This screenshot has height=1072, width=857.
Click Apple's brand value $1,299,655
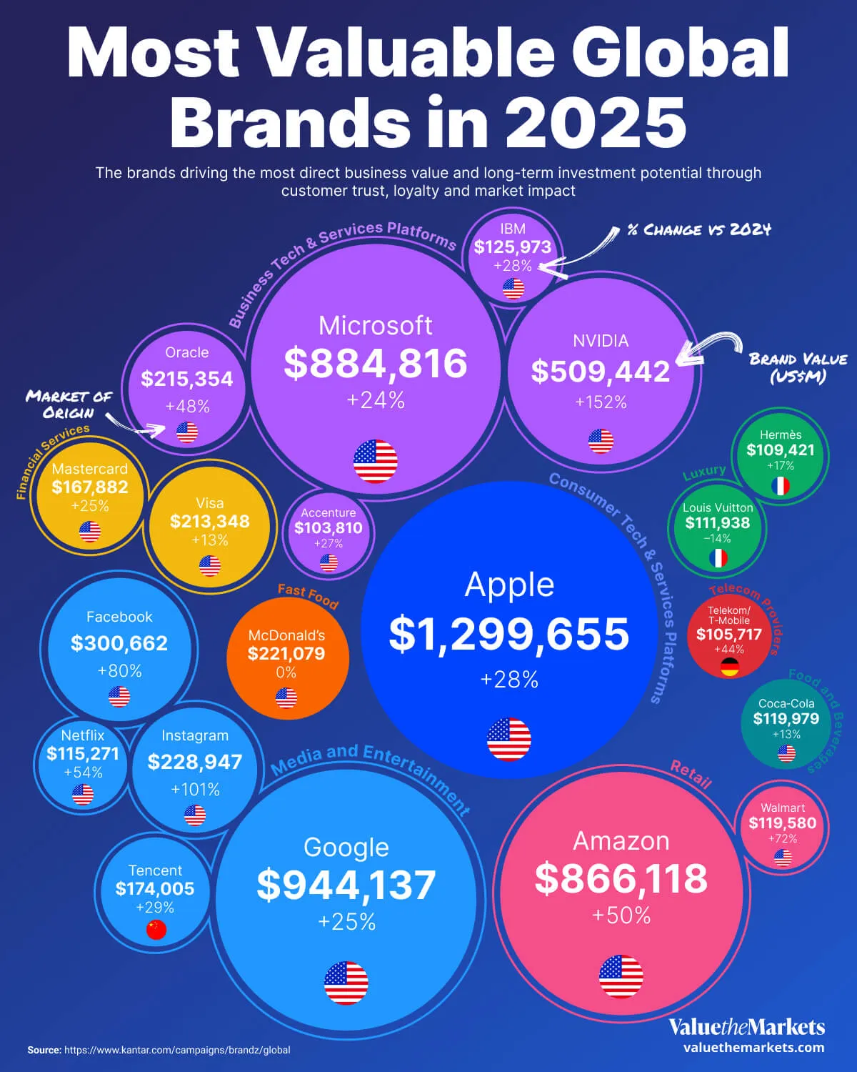coord(509,634)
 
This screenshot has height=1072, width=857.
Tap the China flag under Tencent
coord(156,929)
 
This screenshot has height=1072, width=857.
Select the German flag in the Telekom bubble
coord(729,667)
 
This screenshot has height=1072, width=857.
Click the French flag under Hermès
coord(781,487)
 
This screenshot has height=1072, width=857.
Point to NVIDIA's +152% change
coord(601,402)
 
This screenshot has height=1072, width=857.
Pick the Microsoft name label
coord(375,326)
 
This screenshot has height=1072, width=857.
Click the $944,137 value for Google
coord(346,885)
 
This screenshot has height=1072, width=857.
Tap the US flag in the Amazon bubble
coord(621,976)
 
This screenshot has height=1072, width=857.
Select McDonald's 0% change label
coord(286,673)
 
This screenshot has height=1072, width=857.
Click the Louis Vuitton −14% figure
coord(717,538)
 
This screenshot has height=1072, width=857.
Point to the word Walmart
coord(783,808)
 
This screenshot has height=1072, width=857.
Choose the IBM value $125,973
coord(513,247)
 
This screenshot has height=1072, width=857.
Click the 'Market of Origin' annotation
coord(69,405)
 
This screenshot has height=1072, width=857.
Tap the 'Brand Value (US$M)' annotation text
coord(798,367)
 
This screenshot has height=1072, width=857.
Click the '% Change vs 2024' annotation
coord(699,229)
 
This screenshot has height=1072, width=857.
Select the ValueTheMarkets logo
coord(746,1028)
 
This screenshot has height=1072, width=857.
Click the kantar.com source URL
coord(177,1050)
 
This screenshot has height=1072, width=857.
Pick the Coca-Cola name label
coord(786,703)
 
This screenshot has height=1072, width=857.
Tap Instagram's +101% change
coord(195,790)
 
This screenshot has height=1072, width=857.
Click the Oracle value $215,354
coord(187,379)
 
